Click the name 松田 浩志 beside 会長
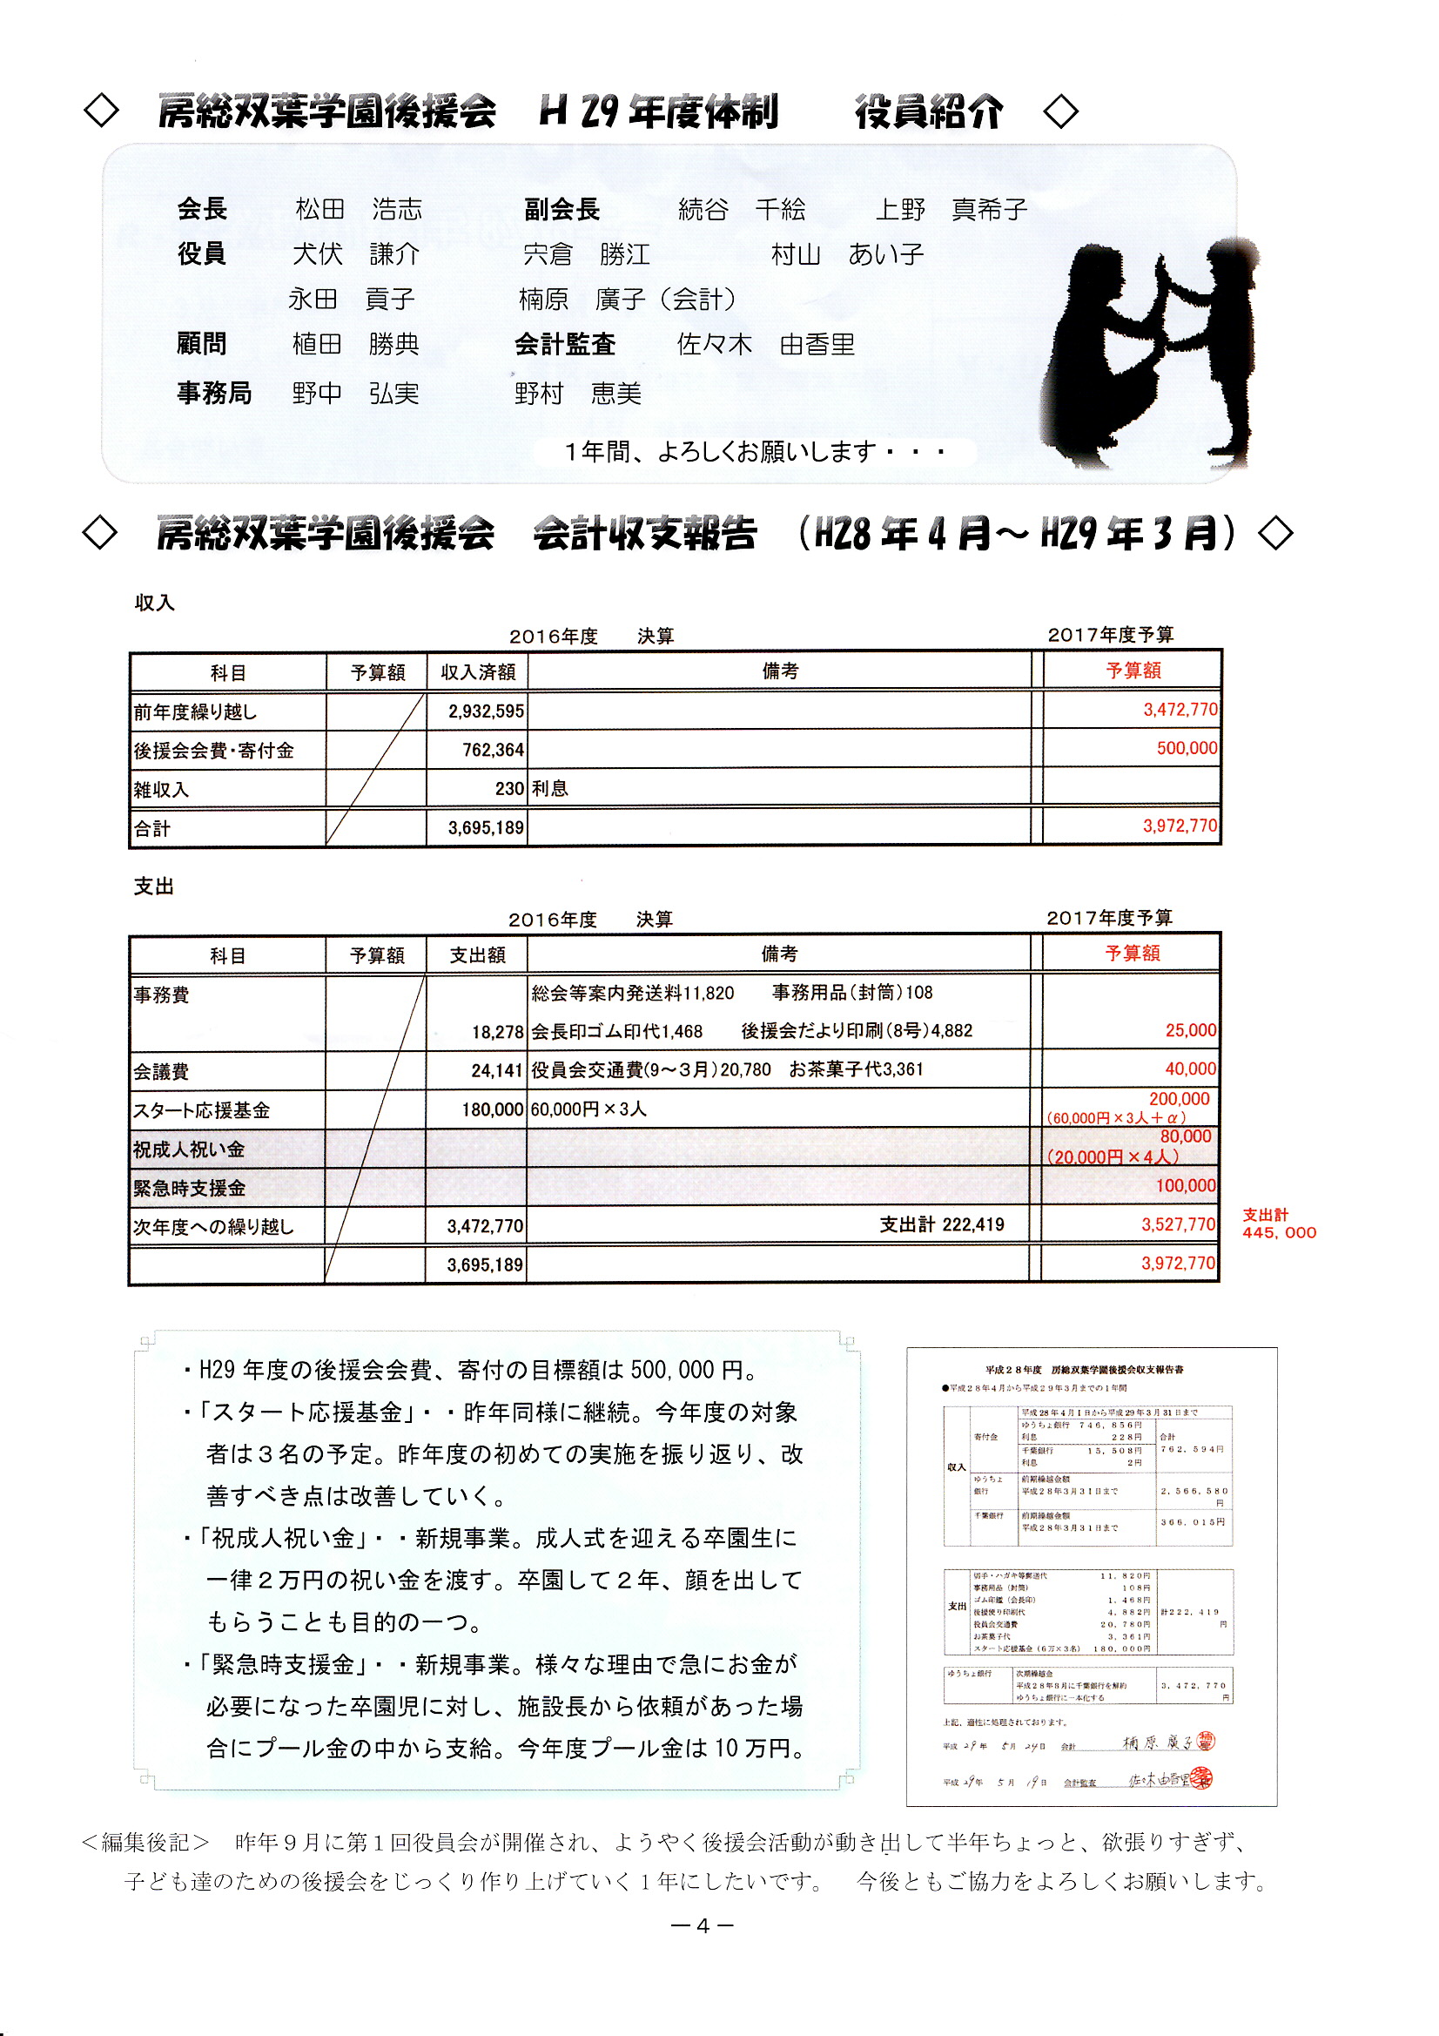click(x=358, y=209)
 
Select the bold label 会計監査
click(x=565, y=344)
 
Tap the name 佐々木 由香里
click(x=765, y=344)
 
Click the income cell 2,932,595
click(x=485, y=711)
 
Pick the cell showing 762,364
click(x=492, y=750)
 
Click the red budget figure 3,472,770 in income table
click(x=1180, y=710)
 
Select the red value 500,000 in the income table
click(x=1187, y=748)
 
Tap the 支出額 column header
click(x=477, y=955)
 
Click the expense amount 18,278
click(x=497, y=1032)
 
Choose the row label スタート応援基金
click(x=201, y=1110)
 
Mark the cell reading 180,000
click(x=492, y=1110)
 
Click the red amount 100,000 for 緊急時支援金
click(x=1186, y=1186)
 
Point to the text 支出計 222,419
click(x=941, y=1225)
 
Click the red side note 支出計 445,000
click(x=1278, y=1224)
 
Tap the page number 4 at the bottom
click(x=703, y=1925)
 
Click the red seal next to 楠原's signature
click(x=1206, y=1742)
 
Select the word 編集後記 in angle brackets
click(x=145, y=1843)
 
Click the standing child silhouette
click(x=1214, y=346)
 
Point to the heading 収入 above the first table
click(x=154, y=603)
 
